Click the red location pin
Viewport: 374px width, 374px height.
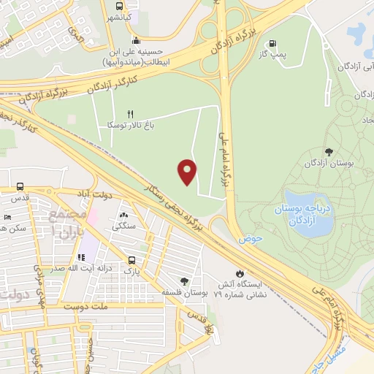coord(188,171)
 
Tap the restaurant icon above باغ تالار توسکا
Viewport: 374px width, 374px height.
coord(131,114)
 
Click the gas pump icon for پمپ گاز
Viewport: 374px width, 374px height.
coord(274,44)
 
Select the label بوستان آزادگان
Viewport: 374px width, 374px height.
coord(330,164)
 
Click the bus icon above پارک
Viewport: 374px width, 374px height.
coord(131,259)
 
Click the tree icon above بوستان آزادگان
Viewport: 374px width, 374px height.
coord(330,152)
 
